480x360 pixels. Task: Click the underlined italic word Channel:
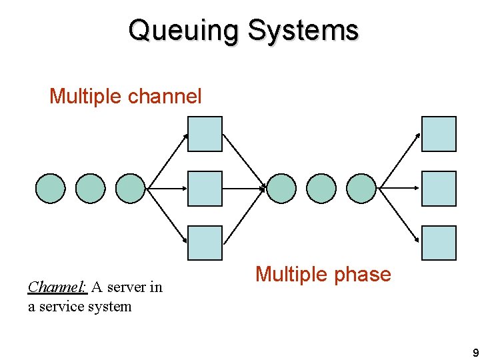[x=57, y=287]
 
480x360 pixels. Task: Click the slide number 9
[x=474, y=353]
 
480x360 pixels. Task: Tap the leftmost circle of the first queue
[x=50, y=189]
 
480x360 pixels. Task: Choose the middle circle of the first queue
[x=90, y=189]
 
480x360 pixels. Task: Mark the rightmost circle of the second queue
[x=362, y=189]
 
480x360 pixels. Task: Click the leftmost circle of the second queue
[x=281, y=189]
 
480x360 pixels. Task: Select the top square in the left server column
[x=205, y=134]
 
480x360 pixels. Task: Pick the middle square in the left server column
[x=205, y=189]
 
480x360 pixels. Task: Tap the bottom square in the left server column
[x=205, y=243]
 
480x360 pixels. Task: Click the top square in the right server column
[x=439, y=134]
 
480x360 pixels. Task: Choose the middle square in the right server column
[x=439, y=189]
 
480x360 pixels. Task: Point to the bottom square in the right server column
[x=439, y=243]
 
